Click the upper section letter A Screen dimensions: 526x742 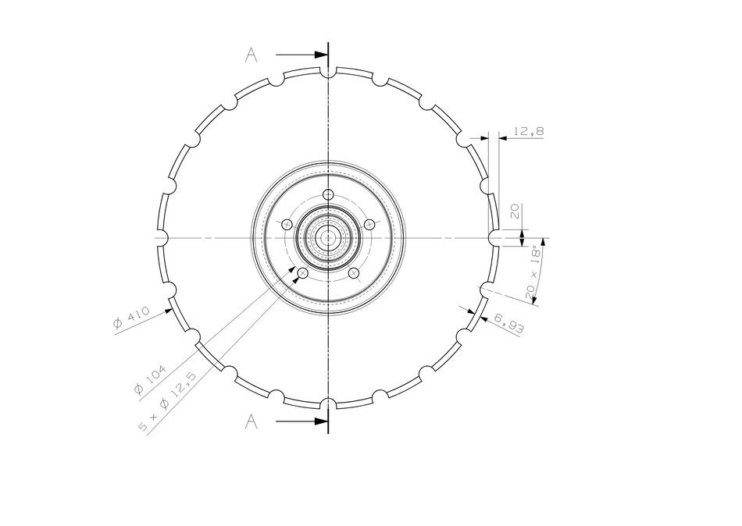click(251, 55)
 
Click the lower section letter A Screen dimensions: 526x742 click(251, 422)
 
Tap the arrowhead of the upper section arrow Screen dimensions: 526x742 click(321, 55)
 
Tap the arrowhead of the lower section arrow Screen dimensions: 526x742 click(321, 422)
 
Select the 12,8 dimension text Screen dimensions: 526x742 click(529, 131)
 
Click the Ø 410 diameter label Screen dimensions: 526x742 click(130, 318)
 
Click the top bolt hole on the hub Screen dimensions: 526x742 click(328, 194)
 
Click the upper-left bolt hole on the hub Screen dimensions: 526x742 click(287, 225)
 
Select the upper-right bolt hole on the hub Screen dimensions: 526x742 click(369, 225)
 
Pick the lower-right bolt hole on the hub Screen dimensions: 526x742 click(354, 272)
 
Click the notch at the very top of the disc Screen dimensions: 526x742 click(328, 72)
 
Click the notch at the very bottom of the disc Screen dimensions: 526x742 click(328, 403)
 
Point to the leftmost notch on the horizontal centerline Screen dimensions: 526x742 click(162, 237)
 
